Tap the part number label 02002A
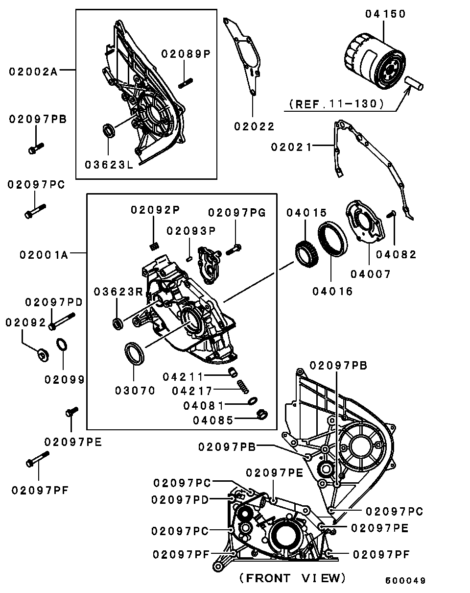(x=33, y=72)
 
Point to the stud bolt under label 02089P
(x=186, y=83)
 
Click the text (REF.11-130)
(x=336, y=104)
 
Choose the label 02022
(x=254, y=126)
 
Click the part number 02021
(x=291, y=147)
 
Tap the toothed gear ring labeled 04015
(x=306, y=253)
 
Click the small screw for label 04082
(x=392, y=214)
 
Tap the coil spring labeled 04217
(x=243, y=387)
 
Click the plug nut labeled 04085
(x=262, y=415)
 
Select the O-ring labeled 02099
(x=62, y=345)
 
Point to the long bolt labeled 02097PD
(x=62, y=321)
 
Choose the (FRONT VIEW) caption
(x=292, y=578)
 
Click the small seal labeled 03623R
(x=118, y=323)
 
